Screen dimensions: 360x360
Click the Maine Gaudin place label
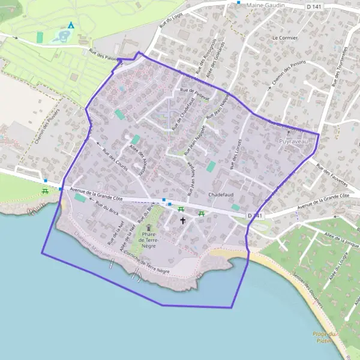click(x=265, y=5)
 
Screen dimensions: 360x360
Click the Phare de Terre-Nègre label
click(x=148, y=239)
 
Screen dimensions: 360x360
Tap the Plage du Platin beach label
click(x=326, y=337)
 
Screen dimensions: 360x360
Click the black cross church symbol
click(x=183, y=220)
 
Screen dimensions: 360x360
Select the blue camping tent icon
click(x=71, y=25)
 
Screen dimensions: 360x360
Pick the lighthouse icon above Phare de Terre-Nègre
click(x=148, y=226)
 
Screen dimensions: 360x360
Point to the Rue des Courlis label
click(x=114, y=159)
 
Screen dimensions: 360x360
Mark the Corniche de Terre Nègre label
click(x=146, y=263)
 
